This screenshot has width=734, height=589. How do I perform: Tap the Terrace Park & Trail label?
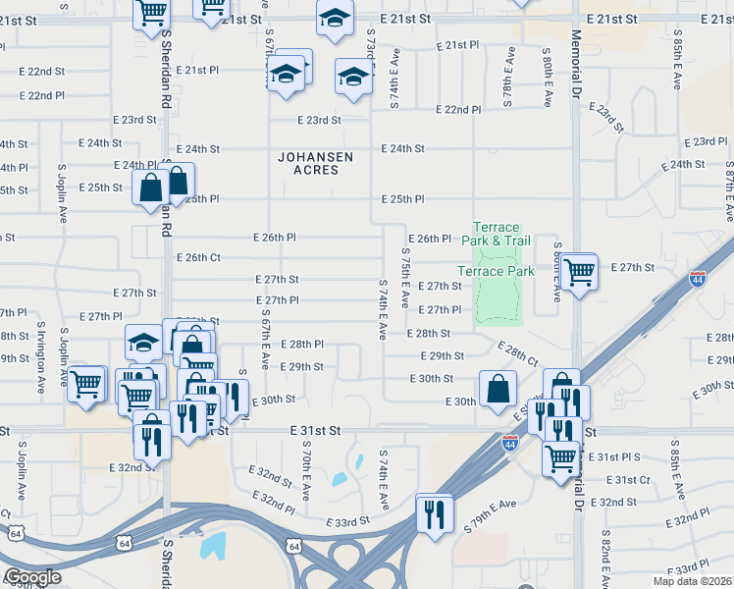(500, 234)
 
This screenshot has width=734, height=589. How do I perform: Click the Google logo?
(32, 577)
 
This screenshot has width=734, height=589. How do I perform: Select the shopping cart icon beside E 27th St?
(579, 270)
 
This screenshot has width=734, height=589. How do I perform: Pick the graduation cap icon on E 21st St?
(335, 19)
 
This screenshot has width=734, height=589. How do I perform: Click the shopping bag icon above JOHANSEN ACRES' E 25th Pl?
(177, 181)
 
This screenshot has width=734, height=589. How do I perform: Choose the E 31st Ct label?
(628, 479)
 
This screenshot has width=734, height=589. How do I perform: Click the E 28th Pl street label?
(301, 345)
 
